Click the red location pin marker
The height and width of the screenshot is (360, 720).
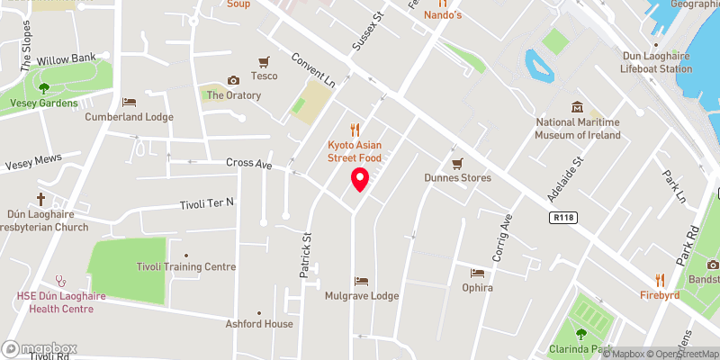[x=360, y=179]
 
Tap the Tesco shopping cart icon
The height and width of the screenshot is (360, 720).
[x=264, y=62]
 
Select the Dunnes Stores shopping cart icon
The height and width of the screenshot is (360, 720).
[x=457, y=163]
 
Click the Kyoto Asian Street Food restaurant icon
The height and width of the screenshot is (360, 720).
[x=355, y=129]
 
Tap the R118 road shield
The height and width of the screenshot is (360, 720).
[x=564, y=218]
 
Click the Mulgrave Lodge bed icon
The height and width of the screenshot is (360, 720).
[x=361, y=282]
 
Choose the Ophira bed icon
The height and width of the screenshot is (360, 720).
[x=477, y=273]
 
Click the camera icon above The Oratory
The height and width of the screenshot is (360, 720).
[x=234, y=80]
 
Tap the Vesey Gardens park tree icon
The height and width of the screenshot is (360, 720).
[x=43, y=88]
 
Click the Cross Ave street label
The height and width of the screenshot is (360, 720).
[x=250, y=165]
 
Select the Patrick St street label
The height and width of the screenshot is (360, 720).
[x=307, y=254]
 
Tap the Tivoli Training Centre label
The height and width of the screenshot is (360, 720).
[x=185, y=266]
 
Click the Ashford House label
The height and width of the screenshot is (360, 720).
[x=259, y=324]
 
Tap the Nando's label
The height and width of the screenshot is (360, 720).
[x=442, y=15]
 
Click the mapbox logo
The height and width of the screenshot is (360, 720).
[x=40, y=348]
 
